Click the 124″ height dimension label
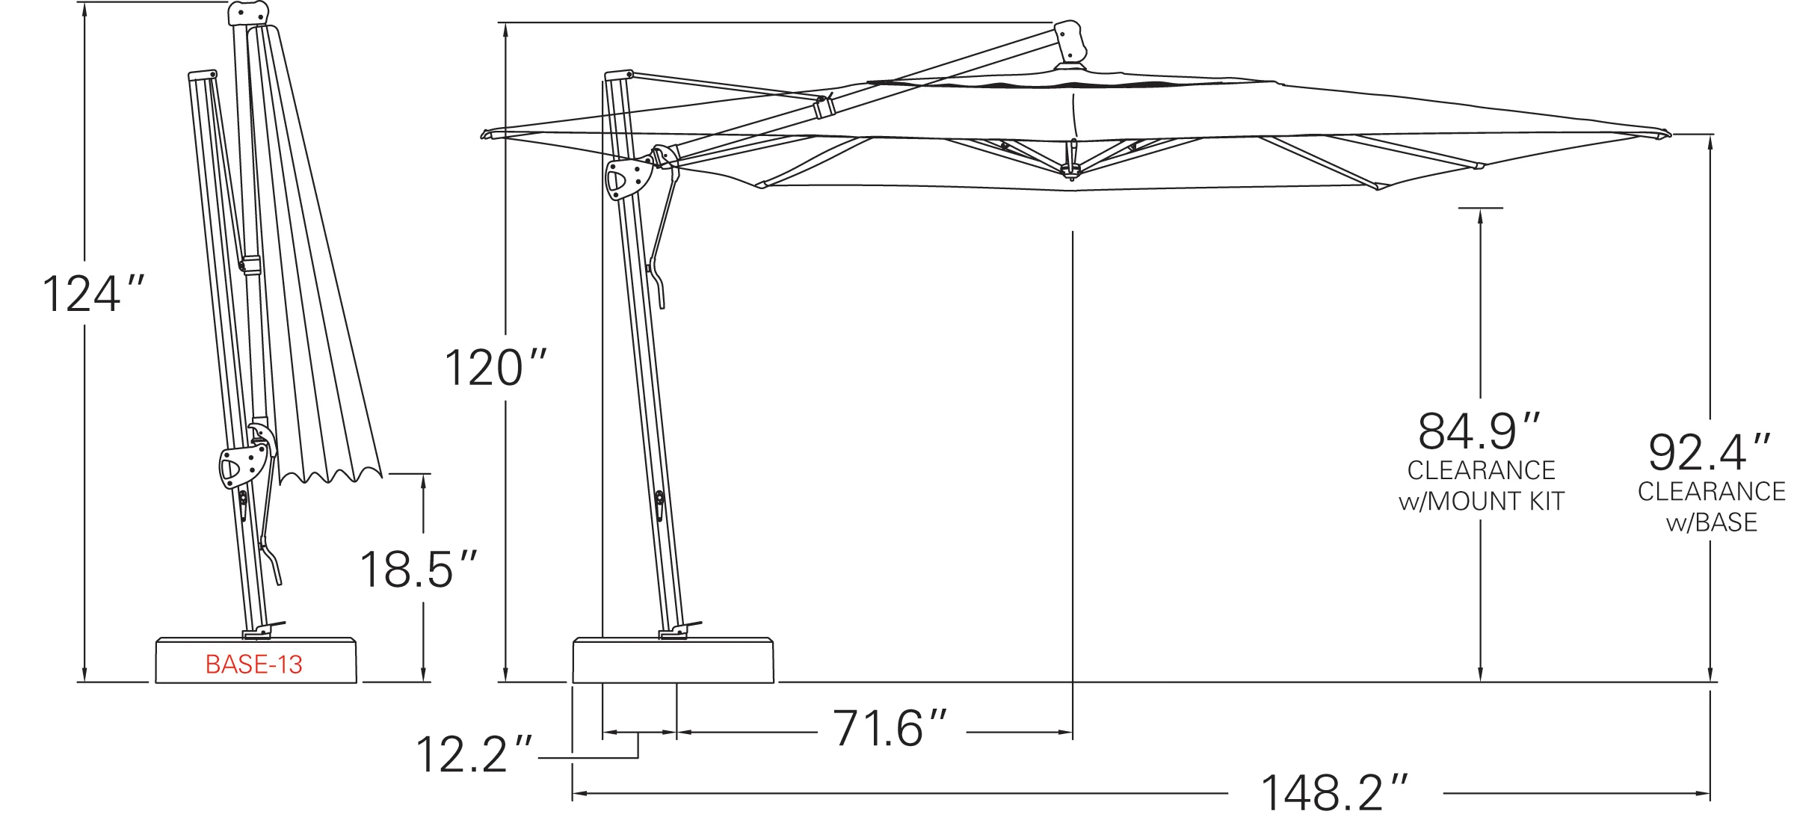pyautogui.click(x=93, y=294)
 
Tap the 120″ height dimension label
pyautogui.click(x=496, y=368)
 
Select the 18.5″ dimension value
pyautogui.click(x=418, y=570)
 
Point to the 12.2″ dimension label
pyautogui.click(x=474, y=754)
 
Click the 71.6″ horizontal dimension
pyautogui.click(x=890, y=728)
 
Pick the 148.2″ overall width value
pyautogui.click(x=1334, y=792)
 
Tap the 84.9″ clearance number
pyautogui.click(x=1479, y=431)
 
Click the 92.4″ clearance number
pyautogui.click(x=1710, y=451)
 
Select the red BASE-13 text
pyautogui.click(x=254, y=665)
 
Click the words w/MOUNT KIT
pyautogui.click(x=1482, y=501)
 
